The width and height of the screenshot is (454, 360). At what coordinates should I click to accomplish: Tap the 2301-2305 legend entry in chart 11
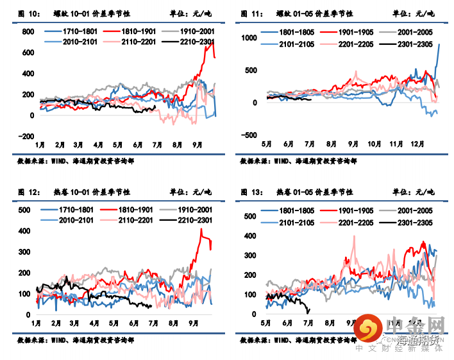[408, 44]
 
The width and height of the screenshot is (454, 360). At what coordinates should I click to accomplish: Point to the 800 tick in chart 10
[28, 31]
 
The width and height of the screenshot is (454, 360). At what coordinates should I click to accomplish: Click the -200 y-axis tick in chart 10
[26, 136]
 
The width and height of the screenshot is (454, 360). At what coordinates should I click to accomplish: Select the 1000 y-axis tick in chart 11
[248, 39]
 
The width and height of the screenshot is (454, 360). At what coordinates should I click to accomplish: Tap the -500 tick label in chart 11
[249, 135]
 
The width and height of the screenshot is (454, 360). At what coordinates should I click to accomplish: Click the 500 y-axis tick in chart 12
[25, 210]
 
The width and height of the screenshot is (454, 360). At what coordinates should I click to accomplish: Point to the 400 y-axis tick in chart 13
[252, 236]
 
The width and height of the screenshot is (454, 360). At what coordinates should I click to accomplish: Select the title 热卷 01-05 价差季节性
[315, 192]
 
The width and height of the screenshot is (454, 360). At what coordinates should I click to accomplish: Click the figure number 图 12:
[25, 192]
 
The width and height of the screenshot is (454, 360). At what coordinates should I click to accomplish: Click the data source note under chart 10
[80, 161]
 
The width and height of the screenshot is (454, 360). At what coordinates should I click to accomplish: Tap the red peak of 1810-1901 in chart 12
[201, 230]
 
